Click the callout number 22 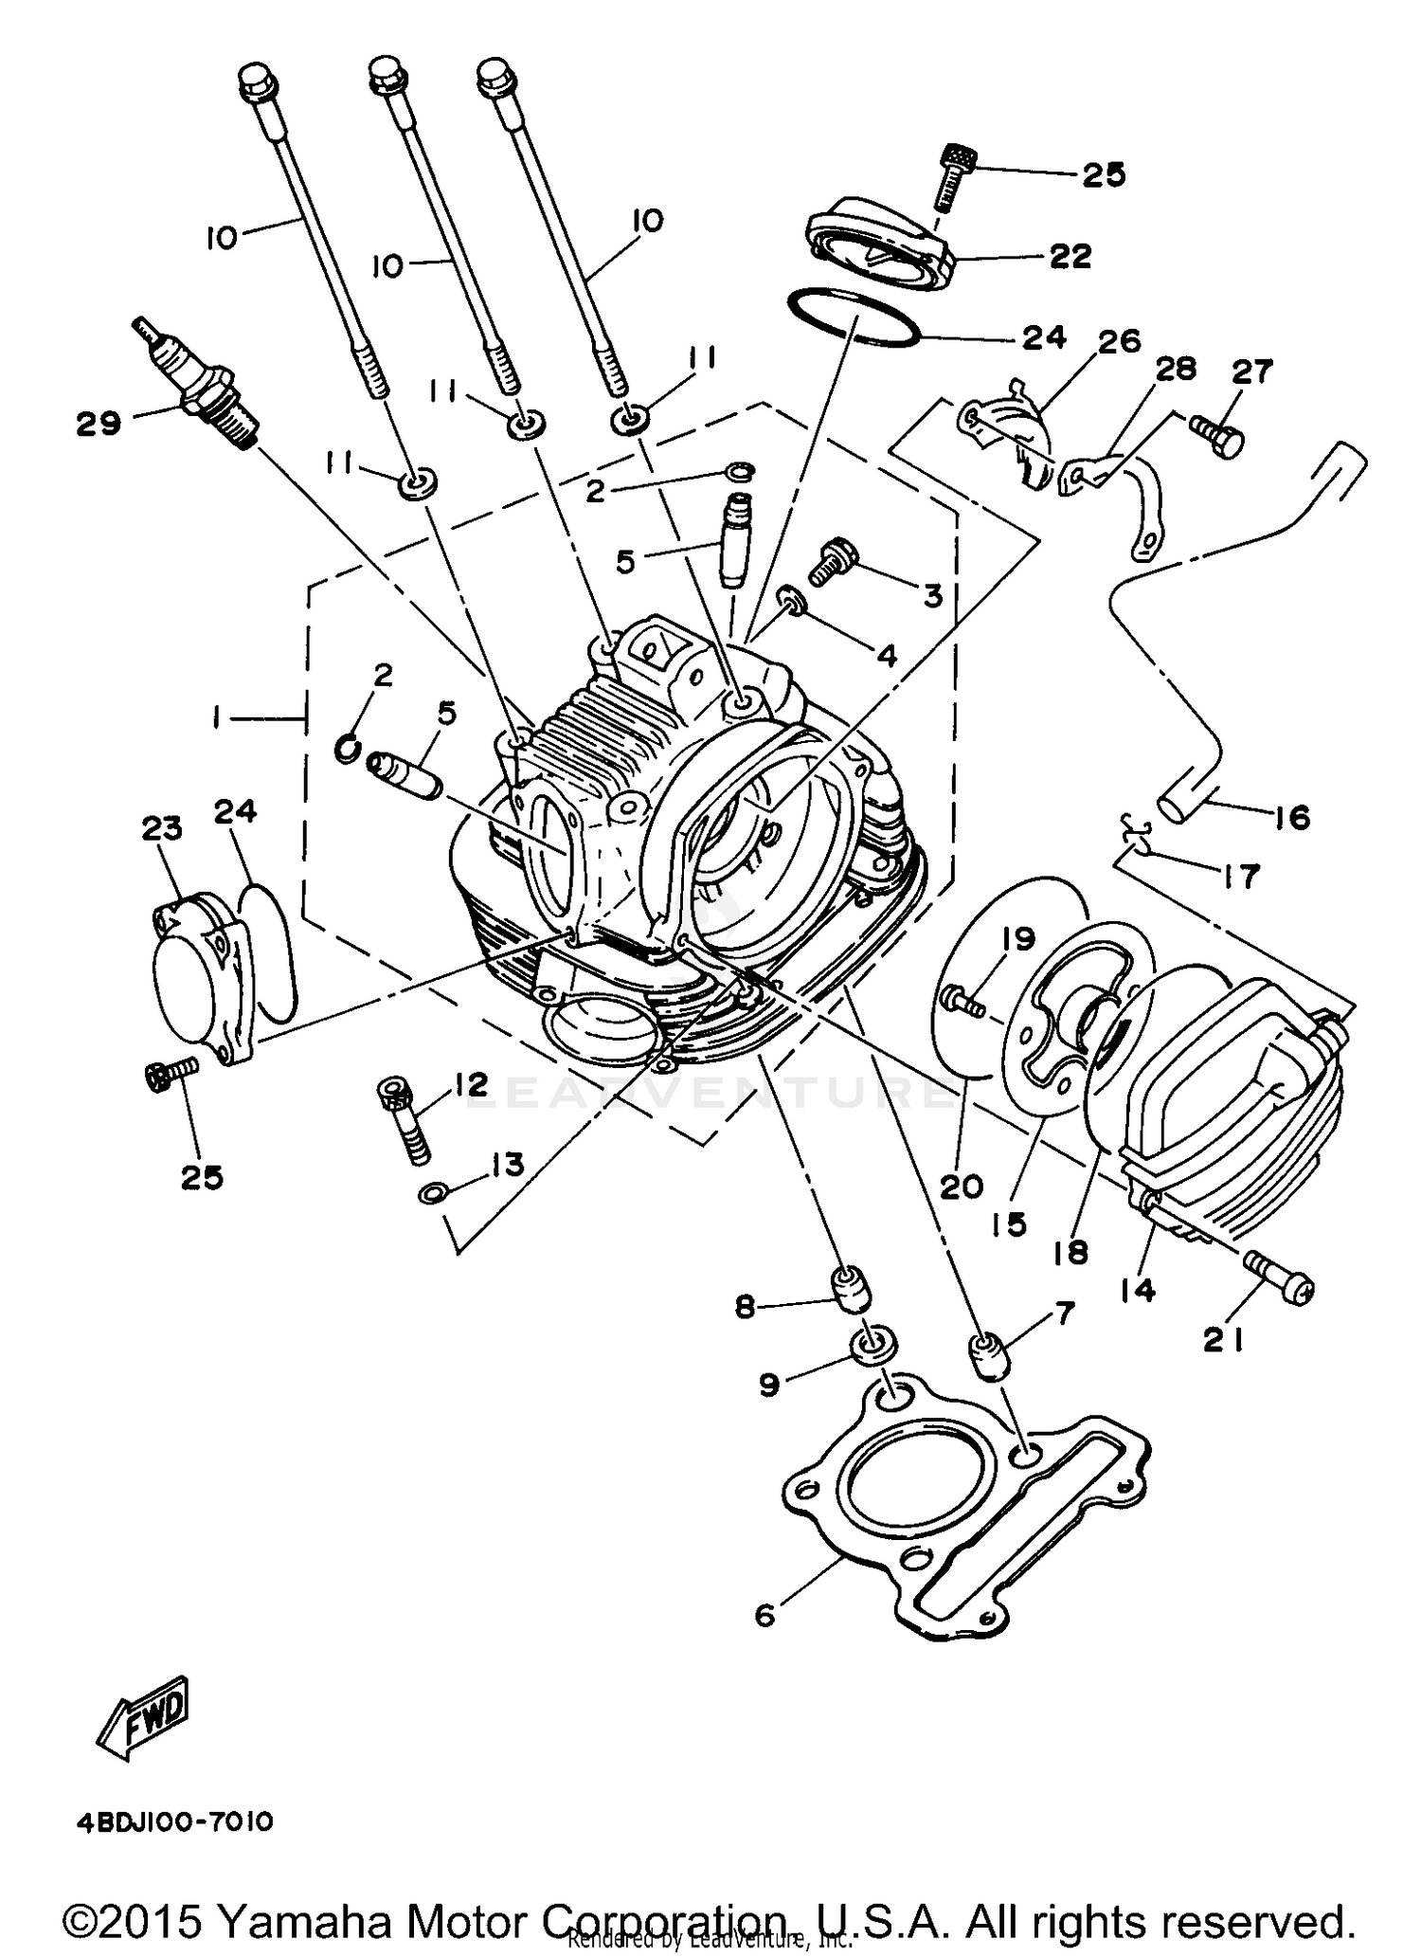[x=1070, y=256]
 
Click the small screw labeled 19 [x=962, y=1000]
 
